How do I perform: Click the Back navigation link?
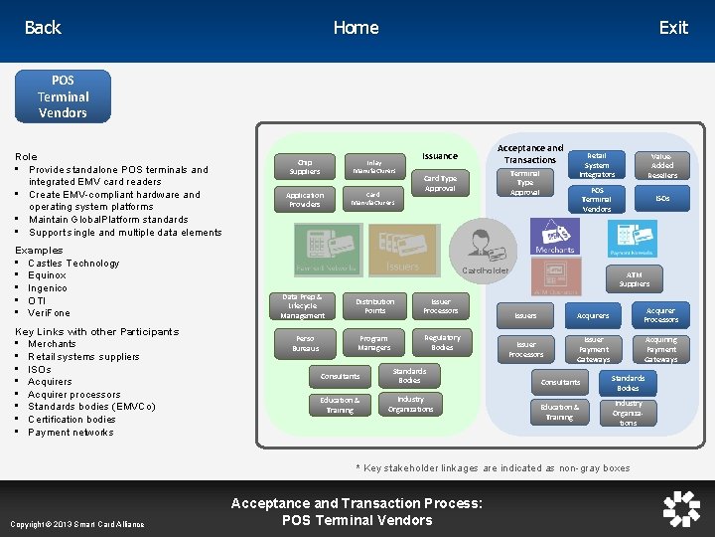[43, 28]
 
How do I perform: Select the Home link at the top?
[356, 28]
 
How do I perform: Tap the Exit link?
[673, 28]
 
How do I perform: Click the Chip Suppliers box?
[305, 166]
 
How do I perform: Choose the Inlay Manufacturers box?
[373, 166]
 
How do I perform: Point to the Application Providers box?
[305, 200]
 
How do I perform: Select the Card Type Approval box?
[440, 183]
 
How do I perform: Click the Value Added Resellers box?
[662, 166]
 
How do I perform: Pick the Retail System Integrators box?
[597, 166]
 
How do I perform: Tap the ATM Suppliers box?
[635, 278]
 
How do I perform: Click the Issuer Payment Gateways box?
[594, 349]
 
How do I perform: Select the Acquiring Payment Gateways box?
[661, 349]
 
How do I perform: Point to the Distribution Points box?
[374, 306]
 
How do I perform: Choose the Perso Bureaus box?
[305, 344]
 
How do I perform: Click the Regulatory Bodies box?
[442, 343]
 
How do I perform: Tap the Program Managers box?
[374, 343]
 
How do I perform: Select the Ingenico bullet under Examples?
[48, 288]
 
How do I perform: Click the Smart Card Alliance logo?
[681, 508]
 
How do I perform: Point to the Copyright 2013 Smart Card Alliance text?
[76, 524]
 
